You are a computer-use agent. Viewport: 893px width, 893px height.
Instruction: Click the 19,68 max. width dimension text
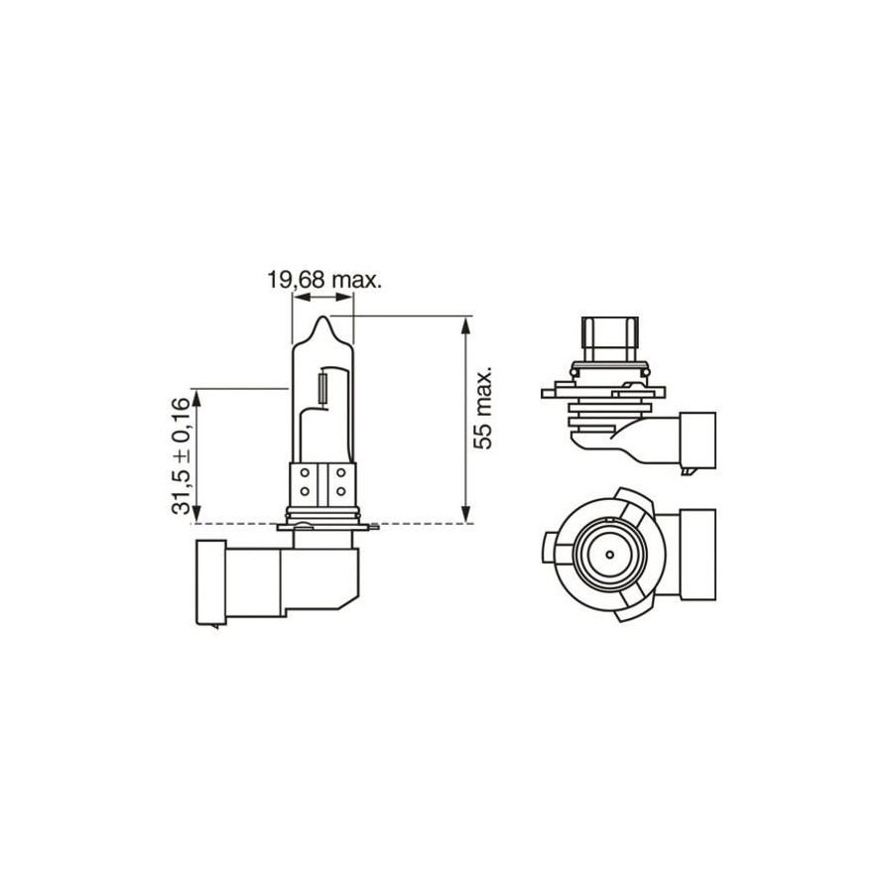coord(324,280)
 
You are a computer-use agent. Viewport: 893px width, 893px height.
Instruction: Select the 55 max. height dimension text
coord(483,408)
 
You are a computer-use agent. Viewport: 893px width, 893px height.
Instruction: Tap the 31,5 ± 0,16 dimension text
coord(181,455)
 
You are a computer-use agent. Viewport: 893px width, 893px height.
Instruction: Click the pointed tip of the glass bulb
coord(322,318)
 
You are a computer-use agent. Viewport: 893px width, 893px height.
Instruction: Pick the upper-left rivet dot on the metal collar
coord(305,472)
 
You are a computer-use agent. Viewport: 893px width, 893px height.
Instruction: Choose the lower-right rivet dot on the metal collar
coord(340,490)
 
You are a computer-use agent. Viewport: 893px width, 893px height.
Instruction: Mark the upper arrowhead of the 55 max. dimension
coord(466,326)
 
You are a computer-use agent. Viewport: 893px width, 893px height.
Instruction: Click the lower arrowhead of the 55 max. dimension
coord(466,513)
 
